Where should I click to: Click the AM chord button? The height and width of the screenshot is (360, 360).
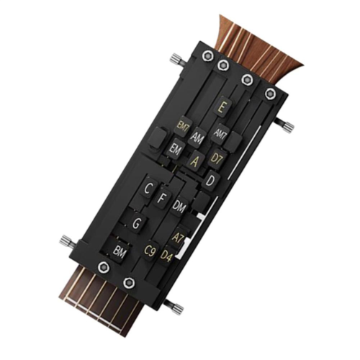(198, 136)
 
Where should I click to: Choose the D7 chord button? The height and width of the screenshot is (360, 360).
(216, 157)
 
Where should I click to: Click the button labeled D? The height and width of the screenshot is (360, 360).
(210, 181)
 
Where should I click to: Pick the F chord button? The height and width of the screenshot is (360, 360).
(162, 197)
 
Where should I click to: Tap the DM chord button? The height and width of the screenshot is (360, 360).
(180, 206)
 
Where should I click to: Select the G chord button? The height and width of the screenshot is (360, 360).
(136, 223)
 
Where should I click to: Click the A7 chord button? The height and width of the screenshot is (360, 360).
(179, 236)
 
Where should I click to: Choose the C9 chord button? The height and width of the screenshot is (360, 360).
(150, 251)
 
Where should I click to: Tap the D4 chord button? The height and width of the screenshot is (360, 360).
(166, 255)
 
